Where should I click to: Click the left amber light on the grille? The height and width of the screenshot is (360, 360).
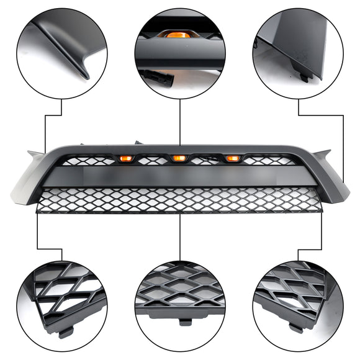(125, 160)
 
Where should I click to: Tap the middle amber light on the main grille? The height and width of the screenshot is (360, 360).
(179, 159)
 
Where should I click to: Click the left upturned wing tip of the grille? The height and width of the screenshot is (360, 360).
(32, 152)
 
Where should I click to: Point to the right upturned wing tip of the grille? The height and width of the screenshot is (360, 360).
(326, 152)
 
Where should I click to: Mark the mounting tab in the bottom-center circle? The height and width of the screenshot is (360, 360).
(184, 323)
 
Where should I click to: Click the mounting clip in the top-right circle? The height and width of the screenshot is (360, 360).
(304, 77)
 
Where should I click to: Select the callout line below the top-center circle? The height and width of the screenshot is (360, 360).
(179, 121)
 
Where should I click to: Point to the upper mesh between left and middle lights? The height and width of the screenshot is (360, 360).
(153, 160)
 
